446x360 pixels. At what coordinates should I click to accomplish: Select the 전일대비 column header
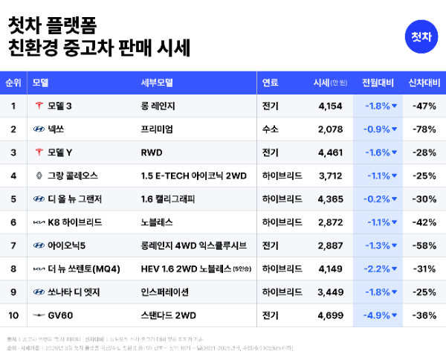[377, 82]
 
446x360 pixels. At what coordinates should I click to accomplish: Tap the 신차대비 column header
[424, 82]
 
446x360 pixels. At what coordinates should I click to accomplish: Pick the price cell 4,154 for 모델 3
[329, 106]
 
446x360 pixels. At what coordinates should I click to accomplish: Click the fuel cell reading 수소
[271, 129]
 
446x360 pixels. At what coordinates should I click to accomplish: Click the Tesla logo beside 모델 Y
[39, 152]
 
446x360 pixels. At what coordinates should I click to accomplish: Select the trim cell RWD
[152, 152]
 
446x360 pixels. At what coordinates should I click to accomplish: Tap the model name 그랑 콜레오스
[72, 176]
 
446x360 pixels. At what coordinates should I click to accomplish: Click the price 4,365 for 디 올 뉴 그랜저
[329, 199]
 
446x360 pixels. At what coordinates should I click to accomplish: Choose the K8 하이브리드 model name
[74, 222]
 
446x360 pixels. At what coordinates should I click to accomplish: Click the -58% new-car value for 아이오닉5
[424, 245]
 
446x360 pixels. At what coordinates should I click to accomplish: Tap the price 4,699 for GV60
[329, 315]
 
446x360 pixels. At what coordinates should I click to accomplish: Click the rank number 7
[13, 245]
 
